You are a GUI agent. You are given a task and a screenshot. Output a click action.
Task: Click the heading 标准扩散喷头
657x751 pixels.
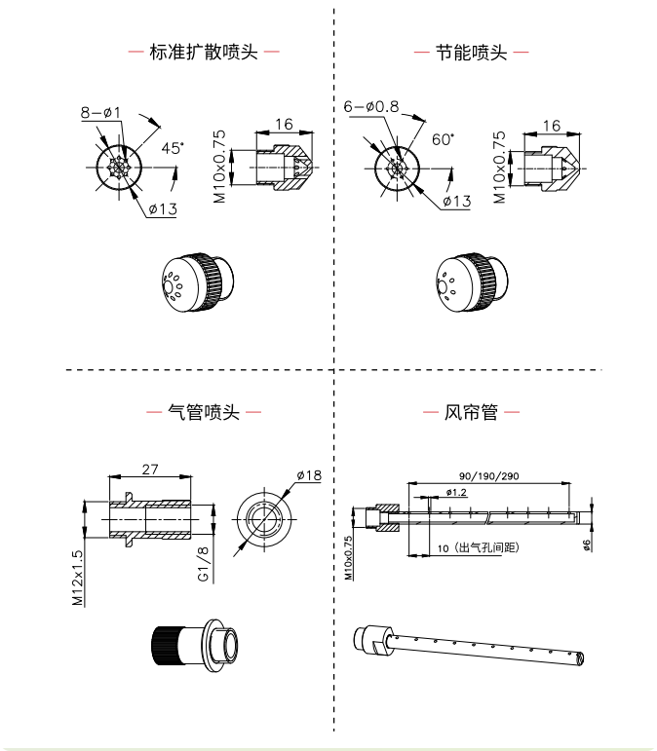pos(203,53)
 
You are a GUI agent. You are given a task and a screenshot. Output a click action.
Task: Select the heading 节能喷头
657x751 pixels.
pos(471,53)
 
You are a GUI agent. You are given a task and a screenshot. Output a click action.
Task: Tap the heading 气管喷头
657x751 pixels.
pos(204,412)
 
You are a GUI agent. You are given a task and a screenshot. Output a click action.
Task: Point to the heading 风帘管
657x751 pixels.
pos(471,412)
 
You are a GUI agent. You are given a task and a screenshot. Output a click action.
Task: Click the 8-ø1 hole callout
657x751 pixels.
pos(100,113)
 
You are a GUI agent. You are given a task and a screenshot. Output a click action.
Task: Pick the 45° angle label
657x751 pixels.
pos(173,148)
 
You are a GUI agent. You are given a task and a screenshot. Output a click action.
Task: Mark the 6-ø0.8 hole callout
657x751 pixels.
pos(370,106)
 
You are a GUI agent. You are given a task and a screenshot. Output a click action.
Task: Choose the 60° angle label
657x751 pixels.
pos(443,139)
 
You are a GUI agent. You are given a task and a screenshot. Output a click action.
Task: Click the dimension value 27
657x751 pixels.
pos(150,469)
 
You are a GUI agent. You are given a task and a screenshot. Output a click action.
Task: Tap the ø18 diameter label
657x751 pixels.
pos(308,475)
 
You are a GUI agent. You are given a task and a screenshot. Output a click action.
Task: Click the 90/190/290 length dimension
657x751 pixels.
pos(488,475)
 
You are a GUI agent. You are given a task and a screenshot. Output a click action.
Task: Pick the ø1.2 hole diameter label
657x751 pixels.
pos(456,493)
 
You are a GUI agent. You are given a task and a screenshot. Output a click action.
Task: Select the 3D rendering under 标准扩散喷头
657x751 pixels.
pos(195,282)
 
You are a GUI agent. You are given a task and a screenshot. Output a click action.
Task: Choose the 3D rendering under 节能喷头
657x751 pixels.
pos(469,282)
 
